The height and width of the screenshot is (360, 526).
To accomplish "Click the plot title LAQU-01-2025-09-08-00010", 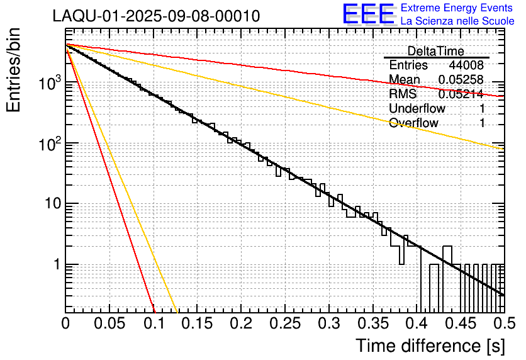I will point(156,16).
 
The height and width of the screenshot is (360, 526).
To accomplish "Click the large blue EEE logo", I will point(368,14).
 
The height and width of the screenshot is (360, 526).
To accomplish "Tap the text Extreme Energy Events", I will point(457,8).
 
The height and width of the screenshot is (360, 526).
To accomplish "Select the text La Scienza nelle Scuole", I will point(457,21).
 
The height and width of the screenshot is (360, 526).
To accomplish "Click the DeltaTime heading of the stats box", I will point(435,51).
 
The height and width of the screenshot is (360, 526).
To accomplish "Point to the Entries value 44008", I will point(466,65).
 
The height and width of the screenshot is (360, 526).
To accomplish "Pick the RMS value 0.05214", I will point(461,94).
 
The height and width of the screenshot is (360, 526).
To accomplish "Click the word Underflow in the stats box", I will point(417,108).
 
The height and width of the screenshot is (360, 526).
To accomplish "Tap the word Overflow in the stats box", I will point(413,123).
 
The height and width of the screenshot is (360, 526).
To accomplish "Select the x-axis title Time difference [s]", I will point(430,346).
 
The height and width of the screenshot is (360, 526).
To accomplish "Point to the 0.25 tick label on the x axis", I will point(285,323).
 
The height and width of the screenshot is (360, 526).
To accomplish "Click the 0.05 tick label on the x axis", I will point(109,323).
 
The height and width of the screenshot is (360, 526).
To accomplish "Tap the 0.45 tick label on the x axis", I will point(461,323).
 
